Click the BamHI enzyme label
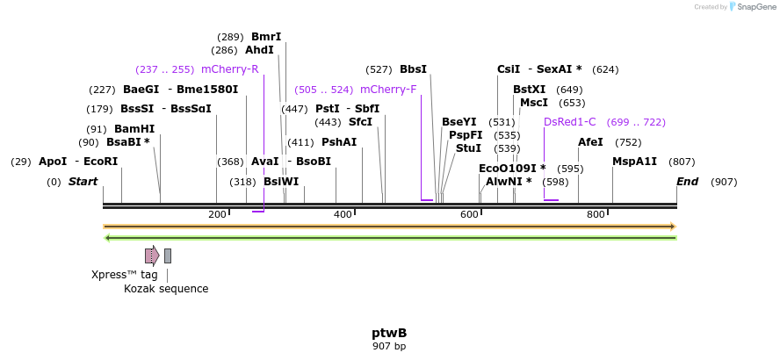pos(134,129)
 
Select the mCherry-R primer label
pos(229,69)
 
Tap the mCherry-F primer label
pos(388,90)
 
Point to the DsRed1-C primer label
pos(569,122)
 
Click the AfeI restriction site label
pos(590,142)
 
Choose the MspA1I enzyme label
pos(634,162)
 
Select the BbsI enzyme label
pos(413,69)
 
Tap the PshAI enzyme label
pos(339,142)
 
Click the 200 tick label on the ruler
pos(217,215)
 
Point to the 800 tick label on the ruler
pos(596,215)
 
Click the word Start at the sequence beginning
pos(83,182)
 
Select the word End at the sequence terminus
pos(687,182)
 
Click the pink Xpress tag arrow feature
pos(152,256)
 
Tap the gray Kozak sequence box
pos(168,256)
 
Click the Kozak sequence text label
pos(166,288)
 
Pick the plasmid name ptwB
pos(389,333)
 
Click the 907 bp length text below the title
pos(389,346)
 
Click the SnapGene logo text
pos(755,7)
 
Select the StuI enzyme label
pos(468,148)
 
